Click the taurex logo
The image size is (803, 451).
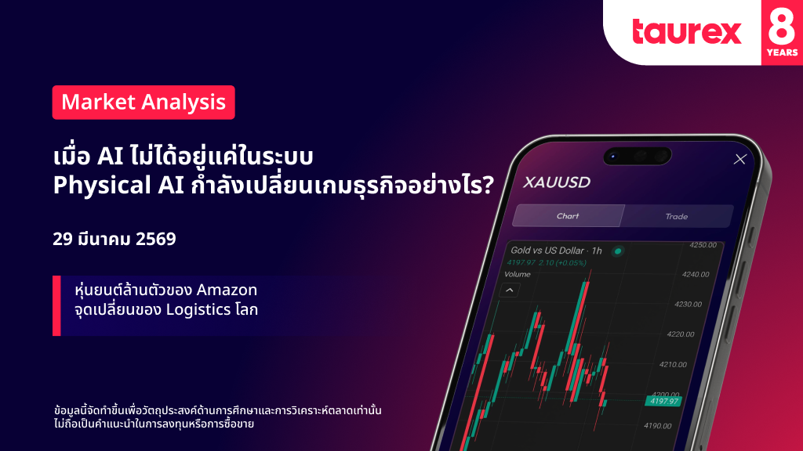687,31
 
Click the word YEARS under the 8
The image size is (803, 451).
782,52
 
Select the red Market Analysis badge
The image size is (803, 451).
144,103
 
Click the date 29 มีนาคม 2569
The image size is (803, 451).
114,239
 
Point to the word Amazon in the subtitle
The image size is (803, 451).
227,290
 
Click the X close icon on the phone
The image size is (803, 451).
740,160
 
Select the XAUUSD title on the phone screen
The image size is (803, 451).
557,182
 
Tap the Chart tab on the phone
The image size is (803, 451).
568,216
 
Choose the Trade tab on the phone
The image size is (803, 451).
676,217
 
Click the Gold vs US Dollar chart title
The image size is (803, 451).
556,251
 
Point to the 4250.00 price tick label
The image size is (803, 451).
703,245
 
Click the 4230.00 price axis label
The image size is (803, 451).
688,305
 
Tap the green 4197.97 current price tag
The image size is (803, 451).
663,401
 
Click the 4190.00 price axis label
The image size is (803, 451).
658,426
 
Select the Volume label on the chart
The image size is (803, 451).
518,274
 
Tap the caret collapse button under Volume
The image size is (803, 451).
510,290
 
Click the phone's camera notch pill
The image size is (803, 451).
637,156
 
